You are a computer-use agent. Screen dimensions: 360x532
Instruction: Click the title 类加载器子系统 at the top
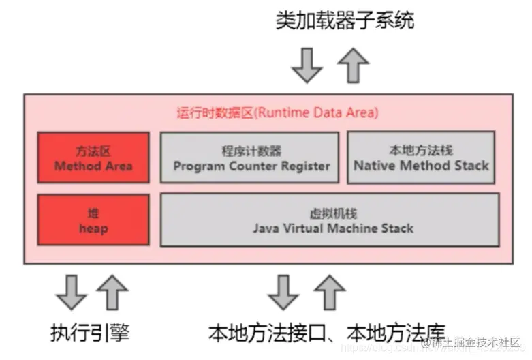pyautogui.click(x=345, y=20)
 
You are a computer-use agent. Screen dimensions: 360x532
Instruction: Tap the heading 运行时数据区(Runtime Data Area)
pyautogui.click(x=277, y=113)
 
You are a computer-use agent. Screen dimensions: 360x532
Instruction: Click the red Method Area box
pyautogui.click(x=93, y=157)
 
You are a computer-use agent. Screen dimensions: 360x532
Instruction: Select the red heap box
pyautogui.click(x=93, y=220)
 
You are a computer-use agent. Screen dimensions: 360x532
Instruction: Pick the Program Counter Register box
pyautogui.click(x=249, y=157)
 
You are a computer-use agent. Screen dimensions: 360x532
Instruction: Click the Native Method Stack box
pyautogui.click(x=422, y=157)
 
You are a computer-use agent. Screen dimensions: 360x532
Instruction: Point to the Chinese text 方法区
pyautogui.click(x=93, y=150)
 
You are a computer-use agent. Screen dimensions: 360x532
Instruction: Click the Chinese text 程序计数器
pyautogui.click(x=251, y=150)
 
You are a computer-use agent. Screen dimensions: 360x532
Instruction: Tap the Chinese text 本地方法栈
pyautogui.click(x=421, y=149)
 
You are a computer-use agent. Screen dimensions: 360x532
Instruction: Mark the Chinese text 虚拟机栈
pyautogui.click(x=333, y=213)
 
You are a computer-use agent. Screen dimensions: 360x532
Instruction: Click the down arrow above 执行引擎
pyautogui.click(x=71, y=292)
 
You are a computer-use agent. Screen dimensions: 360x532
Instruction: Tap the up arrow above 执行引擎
pyautogui.click(x=112, y=292)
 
